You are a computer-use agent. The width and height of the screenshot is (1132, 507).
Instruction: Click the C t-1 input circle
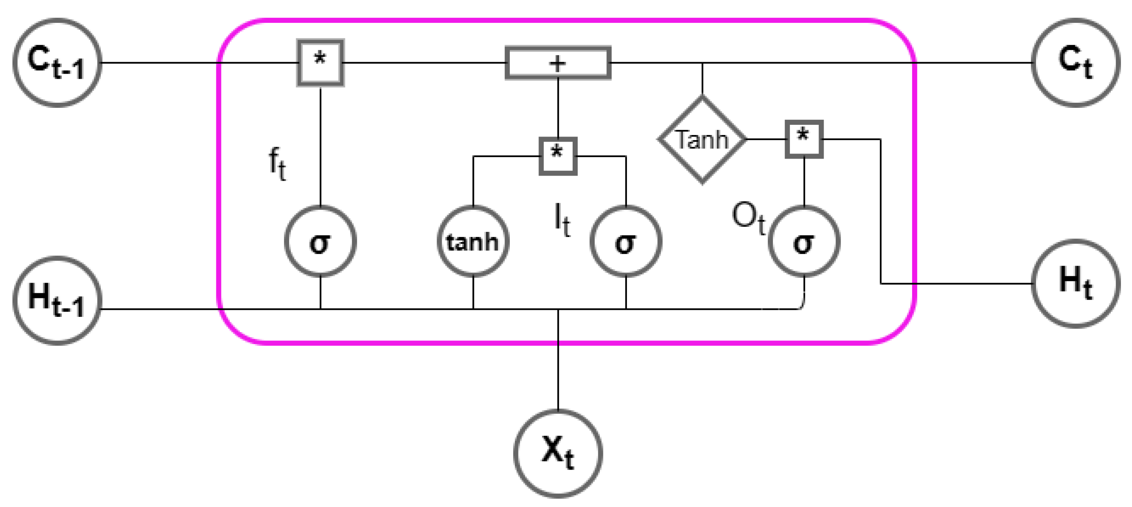pyautogui.click(x=57, y=63)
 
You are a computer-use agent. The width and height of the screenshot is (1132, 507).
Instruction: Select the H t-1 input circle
pyautogui.click(x=57, y=301)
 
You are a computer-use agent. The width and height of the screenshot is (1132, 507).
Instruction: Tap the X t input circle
pyautogui.click(x=558, y=453)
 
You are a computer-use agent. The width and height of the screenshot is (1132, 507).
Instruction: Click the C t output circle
pyautogui.click(x=1075, y=63)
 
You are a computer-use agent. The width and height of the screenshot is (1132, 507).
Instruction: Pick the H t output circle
pyautogui.click(x=1075, y=284)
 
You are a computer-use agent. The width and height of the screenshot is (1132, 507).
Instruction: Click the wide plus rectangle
pyautogui.click(x=558, y=63)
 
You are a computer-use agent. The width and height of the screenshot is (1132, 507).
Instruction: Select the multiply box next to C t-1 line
pyautogui.click(x=320, y=63)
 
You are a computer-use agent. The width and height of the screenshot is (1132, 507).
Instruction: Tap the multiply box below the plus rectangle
pyautogui.click(x=558, y=156)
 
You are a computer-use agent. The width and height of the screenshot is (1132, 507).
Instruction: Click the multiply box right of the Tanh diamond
pyautogui.click(x=804, y=139)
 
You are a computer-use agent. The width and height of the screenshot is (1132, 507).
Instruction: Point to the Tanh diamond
pyautogui.click(x=702, y=139)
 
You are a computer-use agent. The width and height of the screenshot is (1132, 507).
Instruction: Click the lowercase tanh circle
pyautogui.click(x=473, y=241)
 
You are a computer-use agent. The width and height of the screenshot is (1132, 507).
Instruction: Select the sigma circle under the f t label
pyautogui.click(x=320, y=241)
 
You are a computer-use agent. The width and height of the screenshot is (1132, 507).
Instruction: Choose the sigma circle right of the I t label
pyautogui.click(x=625, y=241)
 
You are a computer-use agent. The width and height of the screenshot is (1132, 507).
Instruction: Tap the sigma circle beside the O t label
pyautogui.click(x=804, y=241)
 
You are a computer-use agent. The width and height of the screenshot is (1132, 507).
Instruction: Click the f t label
pyautogui.click(x=277, y=164)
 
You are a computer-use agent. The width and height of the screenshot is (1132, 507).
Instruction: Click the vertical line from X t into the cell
pyautogui.click(x=558, y=374)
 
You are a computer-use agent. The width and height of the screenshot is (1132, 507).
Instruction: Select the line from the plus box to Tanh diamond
pyautogui.click(x=702, y=79)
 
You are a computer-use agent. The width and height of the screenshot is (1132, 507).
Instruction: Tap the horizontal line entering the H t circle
pyautogui.click(x=967, y=284)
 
